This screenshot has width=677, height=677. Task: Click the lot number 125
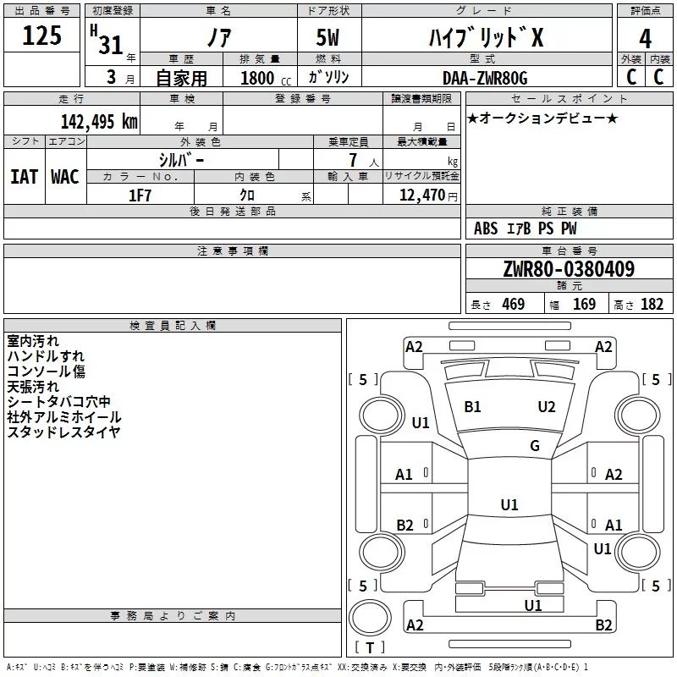click(41, 36)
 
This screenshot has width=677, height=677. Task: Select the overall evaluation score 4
click(646, 39)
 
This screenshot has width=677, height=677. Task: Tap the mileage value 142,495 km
click(99, 122)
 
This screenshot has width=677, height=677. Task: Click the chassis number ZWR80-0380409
click(568, 269)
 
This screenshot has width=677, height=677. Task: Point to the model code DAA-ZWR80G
click(485, 78)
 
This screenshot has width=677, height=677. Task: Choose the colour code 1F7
click(140, 195)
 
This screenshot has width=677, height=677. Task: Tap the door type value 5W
click(329, 39)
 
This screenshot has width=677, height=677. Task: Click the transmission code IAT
click(24, 177)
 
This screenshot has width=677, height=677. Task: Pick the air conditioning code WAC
click(65, 177)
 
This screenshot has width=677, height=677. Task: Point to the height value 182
click(652, 305)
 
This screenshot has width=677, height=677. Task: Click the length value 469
click(513, 305)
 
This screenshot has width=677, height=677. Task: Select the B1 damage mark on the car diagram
click(472, 407)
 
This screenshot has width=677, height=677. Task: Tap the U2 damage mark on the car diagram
click(547, 407)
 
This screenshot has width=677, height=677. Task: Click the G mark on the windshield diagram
click(535, 445)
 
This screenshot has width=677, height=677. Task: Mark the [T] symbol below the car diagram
click(369, 647)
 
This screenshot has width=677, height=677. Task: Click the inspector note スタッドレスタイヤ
click(63, 432)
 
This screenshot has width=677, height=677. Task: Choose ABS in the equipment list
click(486, 228)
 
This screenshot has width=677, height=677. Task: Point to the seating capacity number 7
click(351, 160)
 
